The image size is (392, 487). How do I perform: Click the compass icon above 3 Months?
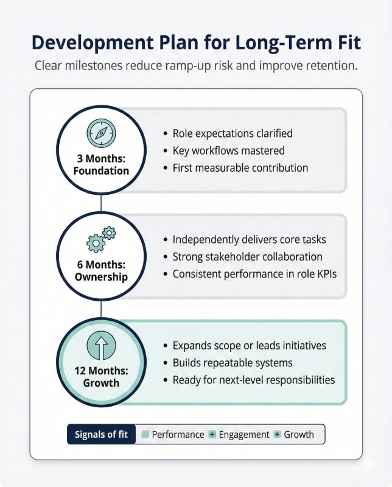[x=101, y=133]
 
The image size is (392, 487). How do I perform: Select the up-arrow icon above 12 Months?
[x=101, y=345]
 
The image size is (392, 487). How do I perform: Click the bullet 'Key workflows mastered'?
[x=229, y=150]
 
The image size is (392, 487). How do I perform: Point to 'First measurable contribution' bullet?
[x=240, y=168]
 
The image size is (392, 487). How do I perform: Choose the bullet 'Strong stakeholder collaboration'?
[x=248, y=257]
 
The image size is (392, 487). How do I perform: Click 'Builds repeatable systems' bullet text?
[x=233, y=363]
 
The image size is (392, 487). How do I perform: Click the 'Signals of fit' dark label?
[x=101, y=434]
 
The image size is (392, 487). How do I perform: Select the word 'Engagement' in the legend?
[x=244, y=435]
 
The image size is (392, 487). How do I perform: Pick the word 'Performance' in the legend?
[x=178, y=434]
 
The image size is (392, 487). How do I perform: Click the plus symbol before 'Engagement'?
[x=212, y=434]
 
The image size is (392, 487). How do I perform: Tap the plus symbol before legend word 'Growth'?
[x=277, y=434]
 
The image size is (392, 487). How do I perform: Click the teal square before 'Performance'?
[x=145, y=434]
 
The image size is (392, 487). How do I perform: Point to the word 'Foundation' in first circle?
[x=101, y=171]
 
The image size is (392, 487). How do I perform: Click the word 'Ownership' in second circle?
[x=101, y=277]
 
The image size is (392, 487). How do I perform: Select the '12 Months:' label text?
[x=101, y=371]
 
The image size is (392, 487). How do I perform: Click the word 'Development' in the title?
[x=93, y=43]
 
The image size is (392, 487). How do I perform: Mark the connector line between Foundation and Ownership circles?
[x=101, y=203]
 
